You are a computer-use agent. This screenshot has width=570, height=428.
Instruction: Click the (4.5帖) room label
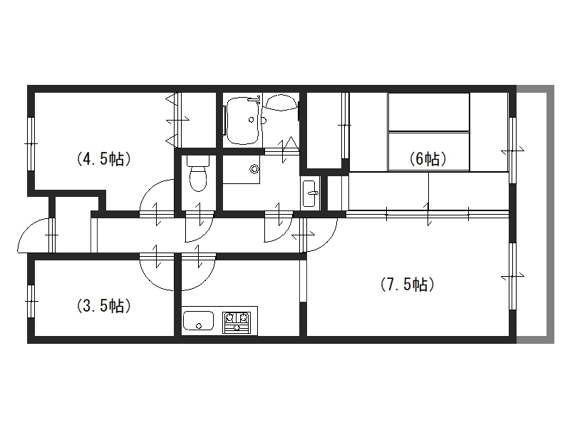[x=103, y=159]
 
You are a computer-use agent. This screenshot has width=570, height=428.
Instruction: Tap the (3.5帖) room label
[x=103, y=306]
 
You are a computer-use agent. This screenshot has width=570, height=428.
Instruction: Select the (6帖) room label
[x=428, y=158]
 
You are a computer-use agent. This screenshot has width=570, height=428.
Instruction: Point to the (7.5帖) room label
[x=407, y=284]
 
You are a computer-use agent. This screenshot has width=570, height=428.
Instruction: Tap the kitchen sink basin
[x=198, y=320]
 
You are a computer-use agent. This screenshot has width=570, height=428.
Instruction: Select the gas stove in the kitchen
[x=237, y=322]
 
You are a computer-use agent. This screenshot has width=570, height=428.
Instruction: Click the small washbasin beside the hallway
[x=310, y=193]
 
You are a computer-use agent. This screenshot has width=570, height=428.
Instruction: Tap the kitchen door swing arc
[x=205, y=280]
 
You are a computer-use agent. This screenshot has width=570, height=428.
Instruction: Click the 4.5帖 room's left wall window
[x=31, y=144]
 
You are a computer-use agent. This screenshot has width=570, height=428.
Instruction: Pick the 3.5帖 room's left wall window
[x=31, y=301]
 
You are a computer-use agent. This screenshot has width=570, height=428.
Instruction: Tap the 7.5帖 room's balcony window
[x=512, y=277]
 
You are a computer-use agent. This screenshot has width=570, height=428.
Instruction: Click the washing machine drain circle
[x=254, y=168]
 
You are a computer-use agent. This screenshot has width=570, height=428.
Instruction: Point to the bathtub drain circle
[x=251, y=119]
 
